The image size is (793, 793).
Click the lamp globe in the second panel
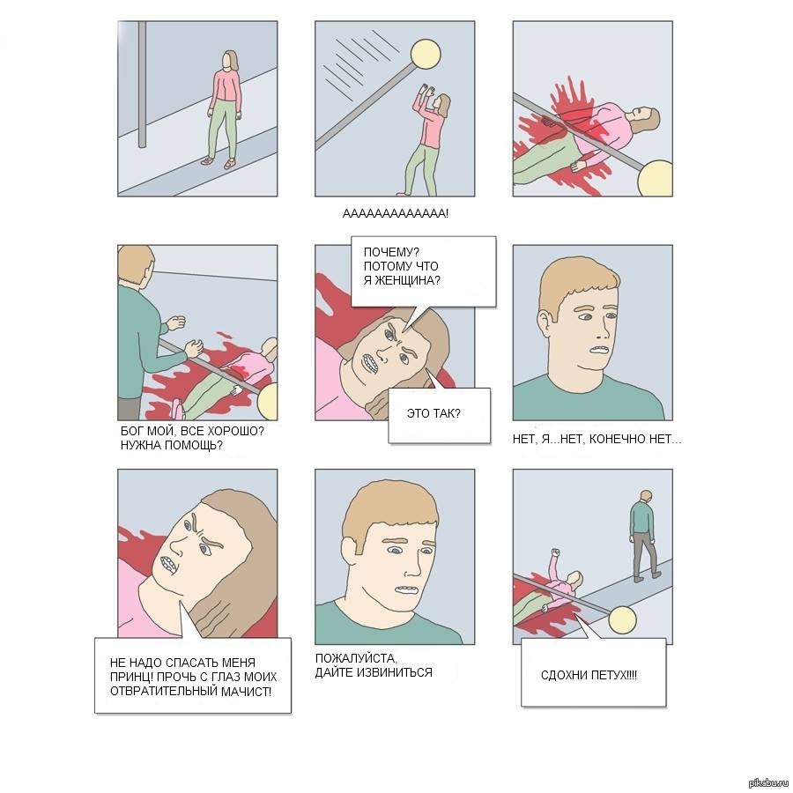click(x=425, y=55)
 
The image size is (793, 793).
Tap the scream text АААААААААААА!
click(x=396, y=214)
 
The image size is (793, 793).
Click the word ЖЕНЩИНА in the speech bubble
click(x=407, y=280)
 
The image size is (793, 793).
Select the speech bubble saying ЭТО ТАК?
click(x=439, y=416)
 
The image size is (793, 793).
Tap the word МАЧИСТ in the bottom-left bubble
click(x=247, y=691)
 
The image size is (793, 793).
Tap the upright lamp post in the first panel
click(x=142, y=84)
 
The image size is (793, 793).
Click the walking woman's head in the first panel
click(x=231, y=61)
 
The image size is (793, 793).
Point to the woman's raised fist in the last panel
click(x=556, y=552)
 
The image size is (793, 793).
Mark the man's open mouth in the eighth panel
click(x=406, y=589)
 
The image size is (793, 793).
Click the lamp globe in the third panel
click(x=656, y=179)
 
